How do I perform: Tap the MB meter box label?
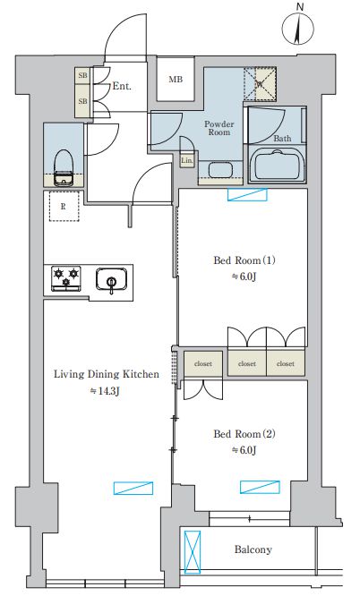[176, 80]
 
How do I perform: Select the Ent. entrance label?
[122, 86]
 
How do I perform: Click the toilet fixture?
[64, 168]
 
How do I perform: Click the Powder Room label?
[219, 128]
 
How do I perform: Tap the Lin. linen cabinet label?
[186, 160]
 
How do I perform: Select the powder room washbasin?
[221, 170]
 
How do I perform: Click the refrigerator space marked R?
[64, 207]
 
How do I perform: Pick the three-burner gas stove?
[66, 278]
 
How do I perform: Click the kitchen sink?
[111, 279]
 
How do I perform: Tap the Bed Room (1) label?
[244, 260]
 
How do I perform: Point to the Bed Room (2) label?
[244, 434]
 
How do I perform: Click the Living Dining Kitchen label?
[107, 374]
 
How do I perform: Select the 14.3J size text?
[105, 391]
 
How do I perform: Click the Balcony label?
[253, 549]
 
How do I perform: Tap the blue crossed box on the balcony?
[193, 552]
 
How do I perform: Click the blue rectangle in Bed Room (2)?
[260, 487]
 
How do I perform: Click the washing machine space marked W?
[260, 83]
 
